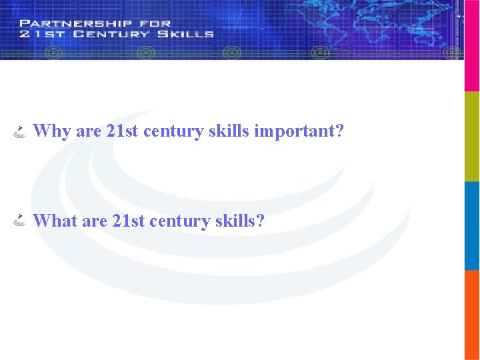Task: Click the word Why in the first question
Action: coord(52,131)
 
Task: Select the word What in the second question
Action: coord(55,220)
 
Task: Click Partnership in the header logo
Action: coord(76,23)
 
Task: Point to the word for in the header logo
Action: coord(155,23)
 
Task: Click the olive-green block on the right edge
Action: coord(472,136)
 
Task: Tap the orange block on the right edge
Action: coord(472,315)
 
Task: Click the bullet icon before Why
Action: coord(20,131)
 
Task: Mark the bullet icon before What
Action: coord(20,221)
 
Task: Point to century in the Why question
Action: coord(173,131)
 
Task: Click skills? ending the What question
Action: coord(240,220)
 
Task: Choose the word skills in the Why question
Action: coord(229,131)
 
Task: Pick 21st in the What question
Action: coord(129,220)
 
